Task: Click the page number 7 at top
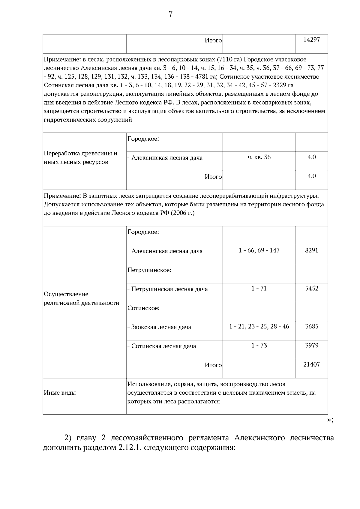coord(170,14)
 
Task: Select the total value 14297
coord(311,40)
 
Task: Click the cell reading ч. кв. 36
coord(259,157)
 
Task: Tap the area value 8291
coord(311,250)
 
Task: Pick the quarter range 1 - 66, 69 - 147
coord(259,250)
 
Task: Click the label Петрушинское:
coord(149,270)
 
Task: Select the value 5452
coord(311,289)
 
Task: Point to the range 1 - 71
coord(259,289)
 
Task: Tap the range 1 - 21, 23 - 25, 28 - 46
coord(259,326)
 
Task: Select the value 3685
coord(311,326)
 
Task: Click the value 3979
coord(311,346)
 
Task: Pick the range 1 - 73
coord(259,346)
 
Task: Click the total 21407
coord(311,364)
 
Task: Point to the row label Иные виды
coord(60,393)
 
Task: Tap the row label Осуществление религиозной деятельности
coord(81,298)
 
